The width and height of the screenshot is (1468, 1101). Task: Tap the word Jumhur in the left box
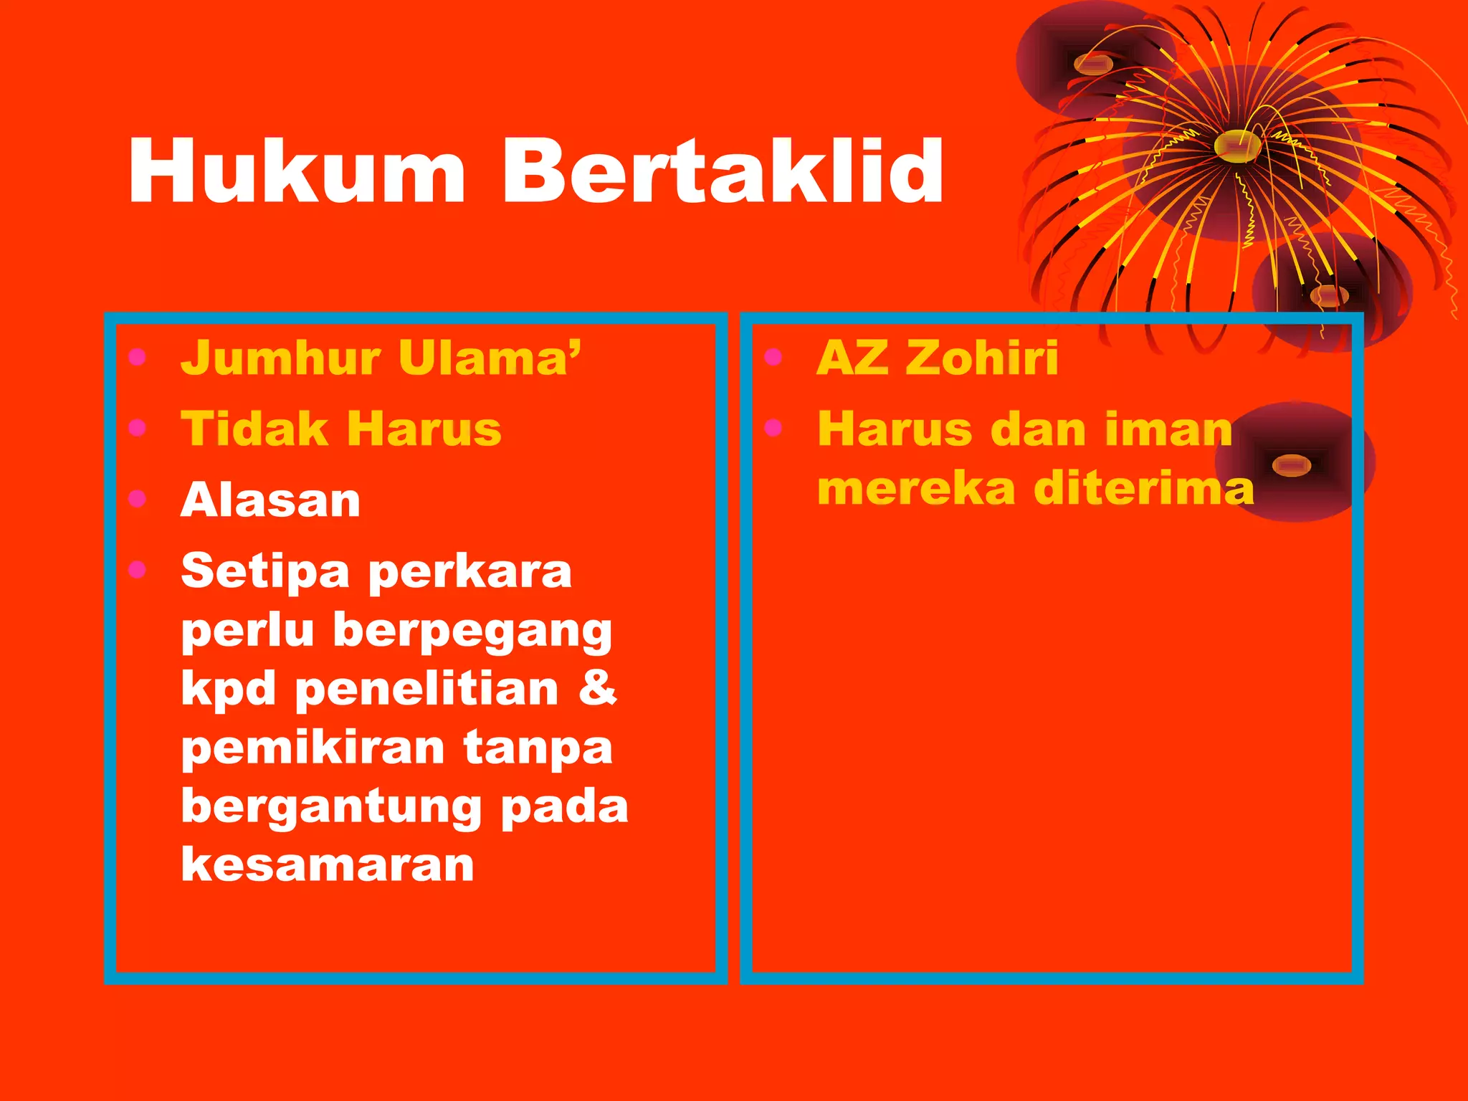tap(280, 358)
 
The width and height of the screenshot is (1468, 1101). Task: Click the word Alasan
tap(270, 500)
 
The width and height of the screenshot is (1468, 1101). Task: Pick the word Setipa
tap(265, 573)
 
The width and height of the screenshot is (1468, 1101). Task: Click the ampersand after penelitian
tap(597, 687)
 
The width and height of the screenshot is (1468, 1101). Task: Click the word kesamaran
tap(328, 864)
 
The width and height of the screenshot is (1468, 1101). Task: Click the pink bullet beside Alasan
tap(137, 498)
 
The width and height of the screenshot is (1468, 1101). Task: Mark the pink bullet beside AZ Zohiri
tap(773, 356)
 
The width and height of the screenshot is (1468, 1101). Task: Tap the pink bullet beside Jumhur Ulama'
tap(137, 356)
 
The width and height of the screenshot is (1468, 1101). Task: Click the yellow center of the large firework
tap(1237, 144)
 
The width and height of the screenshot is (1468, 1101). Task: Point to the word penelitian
tap(426, 689)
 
